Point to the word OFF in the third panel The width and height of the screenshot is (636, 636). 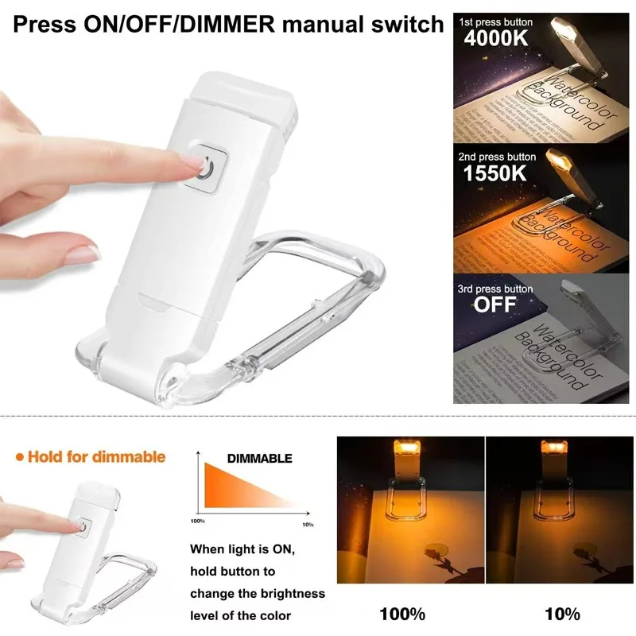pyautogui.click(x=495, y=304)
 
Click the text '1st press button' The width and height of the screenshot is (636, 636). pyautogui.click(x=496, y=21)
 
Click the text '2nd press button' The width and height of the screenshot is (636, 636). pyautogui.click(x=498, y=157)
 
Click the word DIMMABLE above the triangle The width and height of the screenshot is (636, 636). pyautogui.click(x=259, y=459)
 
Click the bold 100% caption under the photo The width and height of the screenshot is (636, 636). pyautogui.click(x=403, y=614)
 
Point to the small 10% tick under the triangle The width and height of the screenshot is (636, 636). pyautogui.click(x=308, y=525)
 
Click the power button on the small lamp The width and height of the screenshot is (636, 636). pyautogui.click(x=82, y=525)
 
